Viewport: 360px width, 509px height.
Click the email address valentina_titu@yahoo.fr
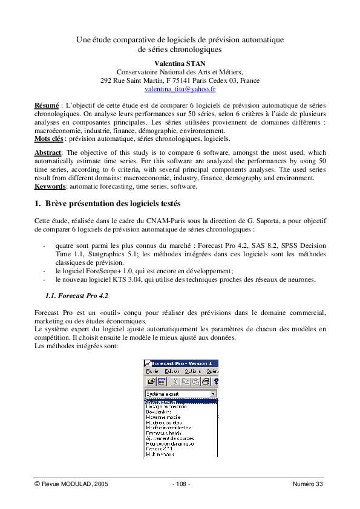tap(180, 89)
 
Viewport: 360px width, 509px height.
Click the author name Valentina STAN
tap(180, 63)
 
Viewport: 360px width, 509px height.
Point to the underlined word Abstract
tap(48, 152)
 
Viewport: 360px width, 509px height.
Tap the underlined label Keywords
tap(50, 186)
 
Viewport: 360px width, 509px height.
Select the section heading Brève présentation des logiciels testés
tap(112, 204)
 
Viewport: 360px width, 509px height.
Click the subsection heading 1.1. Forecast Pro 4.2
tap(77, 296)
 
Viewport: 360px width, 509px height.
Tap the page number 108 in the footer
tap(181, 484)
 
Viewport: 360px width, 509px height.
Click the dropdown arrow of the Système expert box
tap(213, 394)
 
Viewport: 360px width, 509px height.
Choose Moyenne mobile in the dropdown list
tap(163, 417)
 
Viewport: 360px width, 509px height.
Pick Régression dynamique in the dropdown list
tap(170, 444)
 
